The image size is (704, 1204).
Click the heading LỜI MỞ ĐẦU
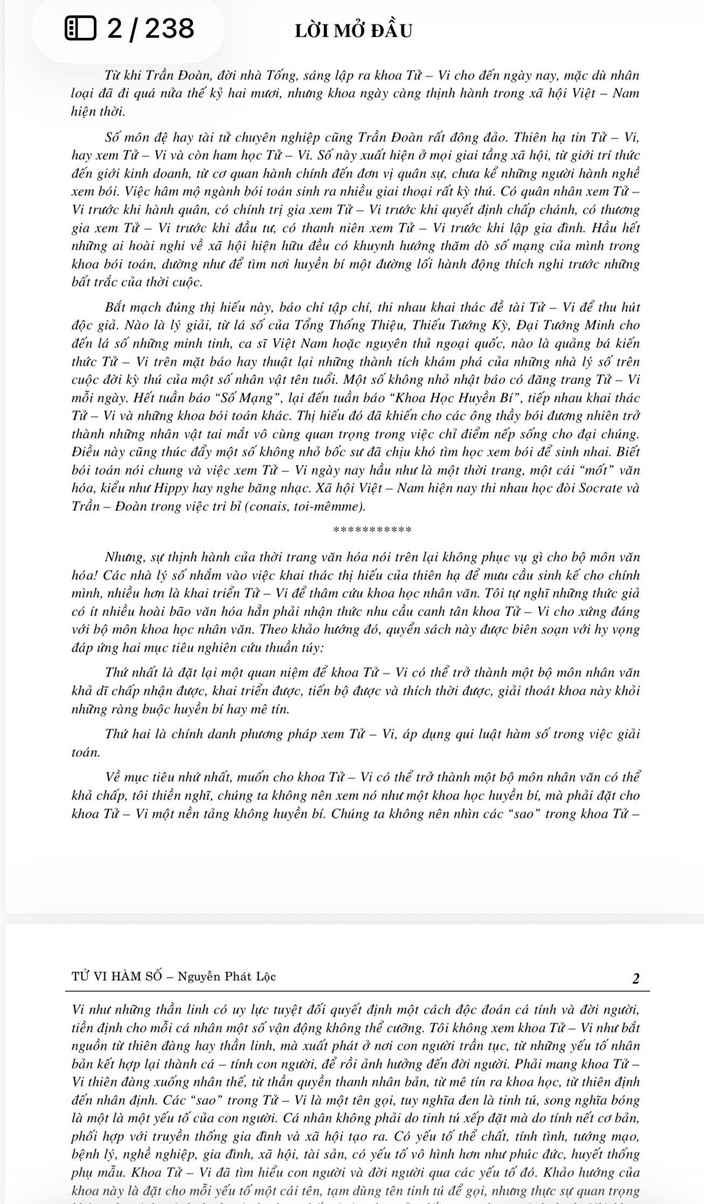coord(354,30)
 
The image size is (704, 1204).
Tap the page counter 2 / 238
coord(150,29)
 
